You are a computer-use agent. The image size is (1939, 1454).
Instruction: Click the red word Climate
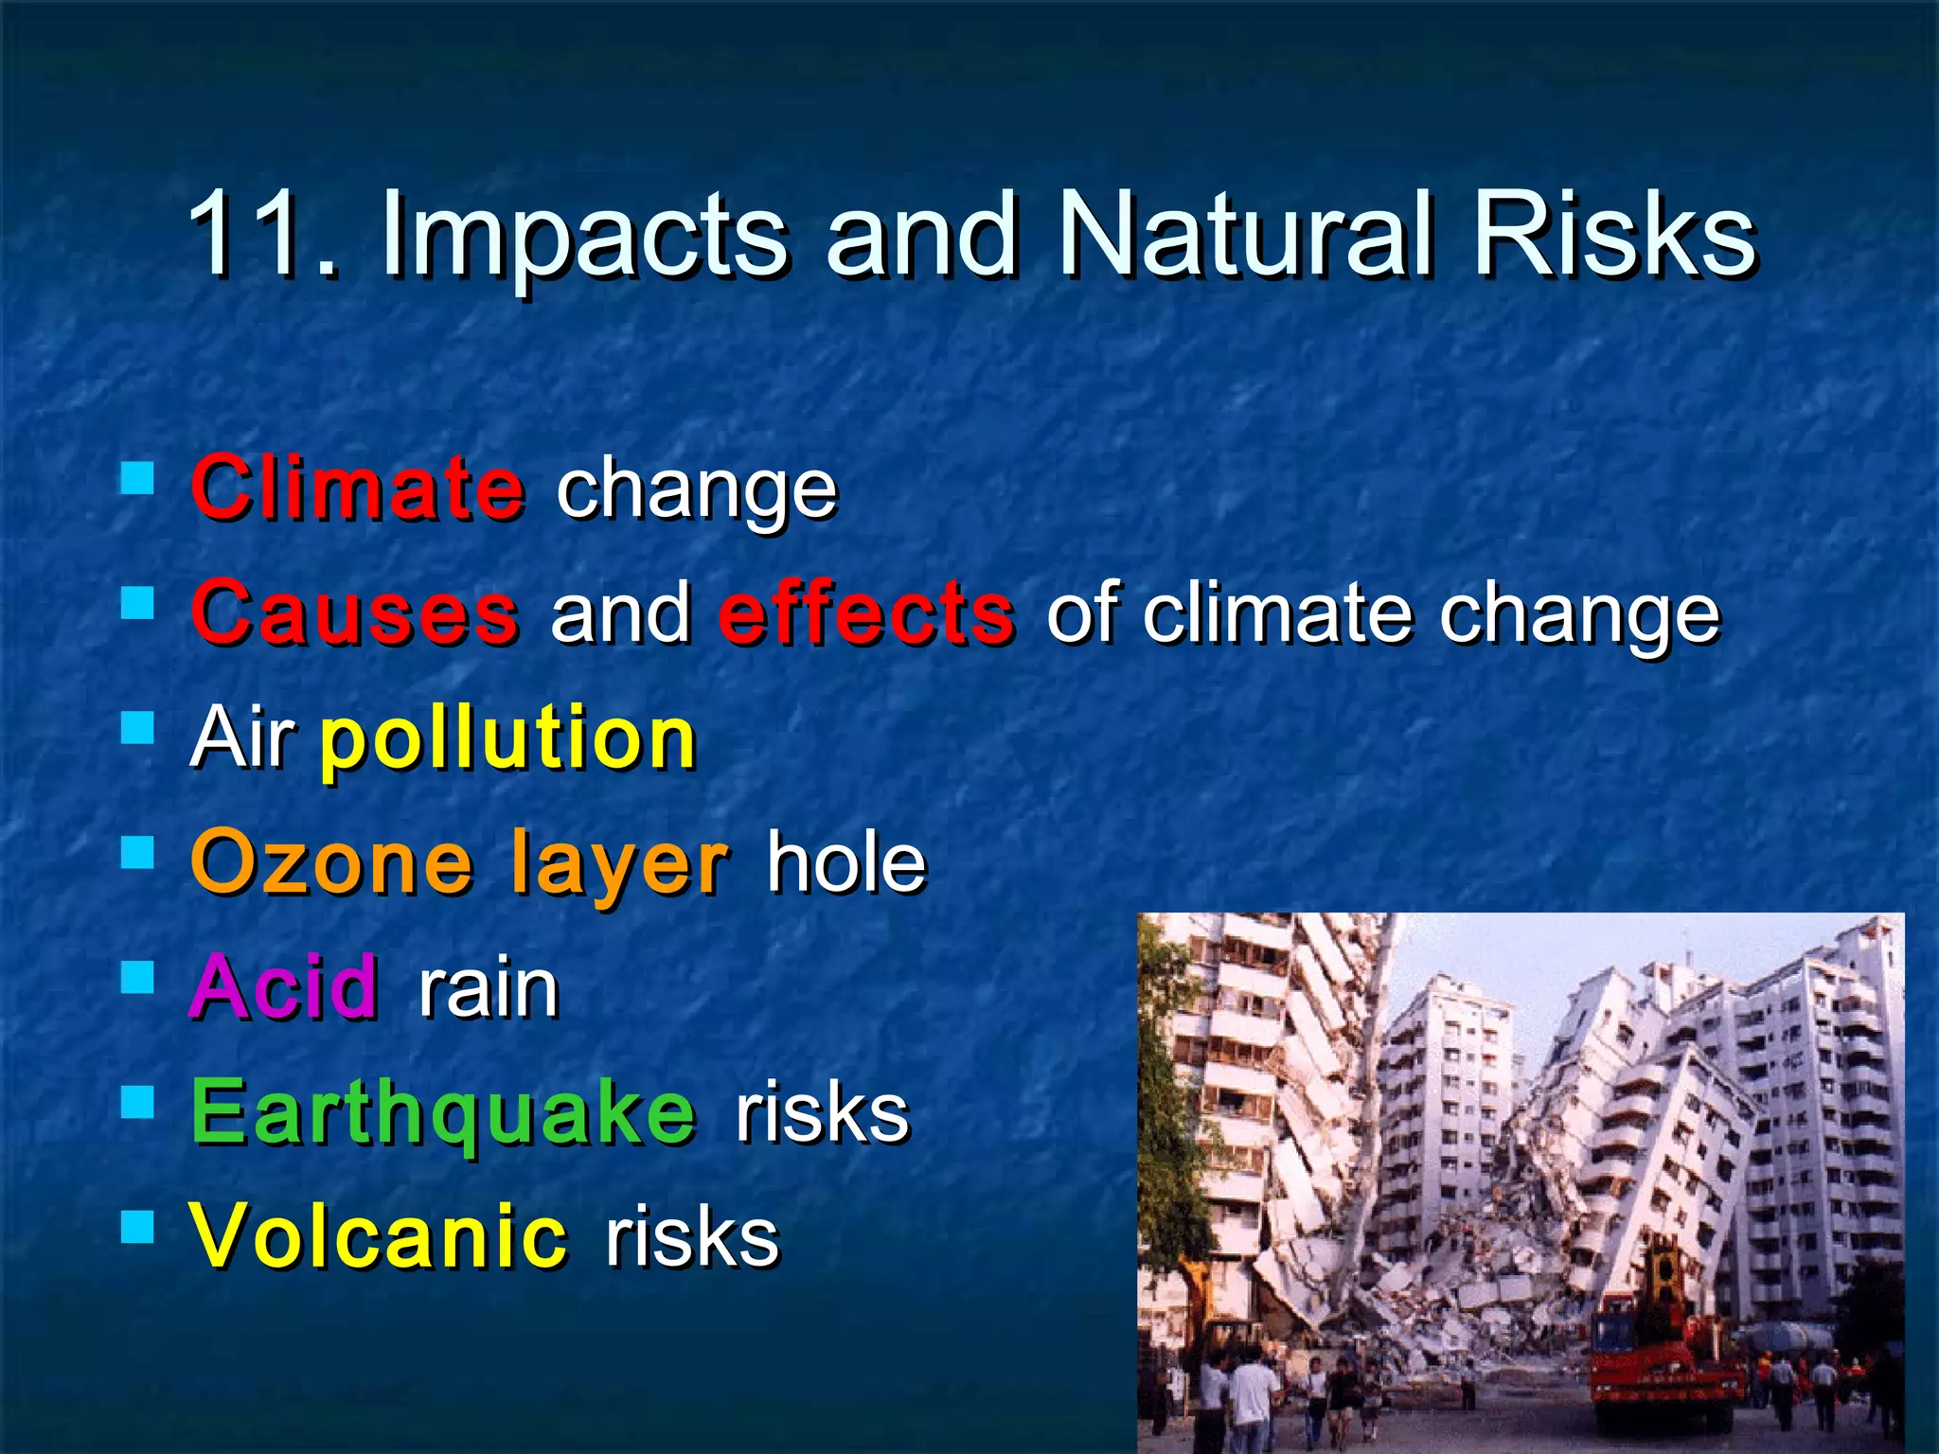tap(357, 488)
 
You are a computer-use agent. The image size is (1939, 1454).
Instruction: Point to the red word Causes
tap(355, 613)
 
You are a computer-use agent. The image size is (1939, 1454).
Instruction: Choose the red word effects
tap(866, 613)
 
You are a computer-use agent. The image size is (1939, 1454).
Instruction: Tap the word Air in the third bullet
tap(242, 737)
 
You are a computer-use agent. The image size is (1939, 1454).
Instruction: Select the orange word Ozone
tap(331, 862)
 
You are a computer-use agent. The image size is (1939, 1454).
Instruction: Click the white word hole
tap(845, 862)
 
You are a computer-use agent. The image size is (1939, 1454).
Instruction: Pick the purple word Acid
tap(285, 987)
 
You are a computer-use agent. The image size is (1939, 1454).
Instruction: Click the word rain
tap(489, 989)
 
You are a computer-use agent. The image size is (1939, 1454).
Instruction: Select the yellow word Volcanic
tap(380, 1236)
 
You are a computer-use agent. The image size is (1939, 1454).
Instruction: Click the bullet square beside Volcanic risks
tap(138, 1228)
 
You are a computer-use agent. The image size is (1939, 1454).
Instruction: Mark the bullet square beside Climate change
tap(138, 479)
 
